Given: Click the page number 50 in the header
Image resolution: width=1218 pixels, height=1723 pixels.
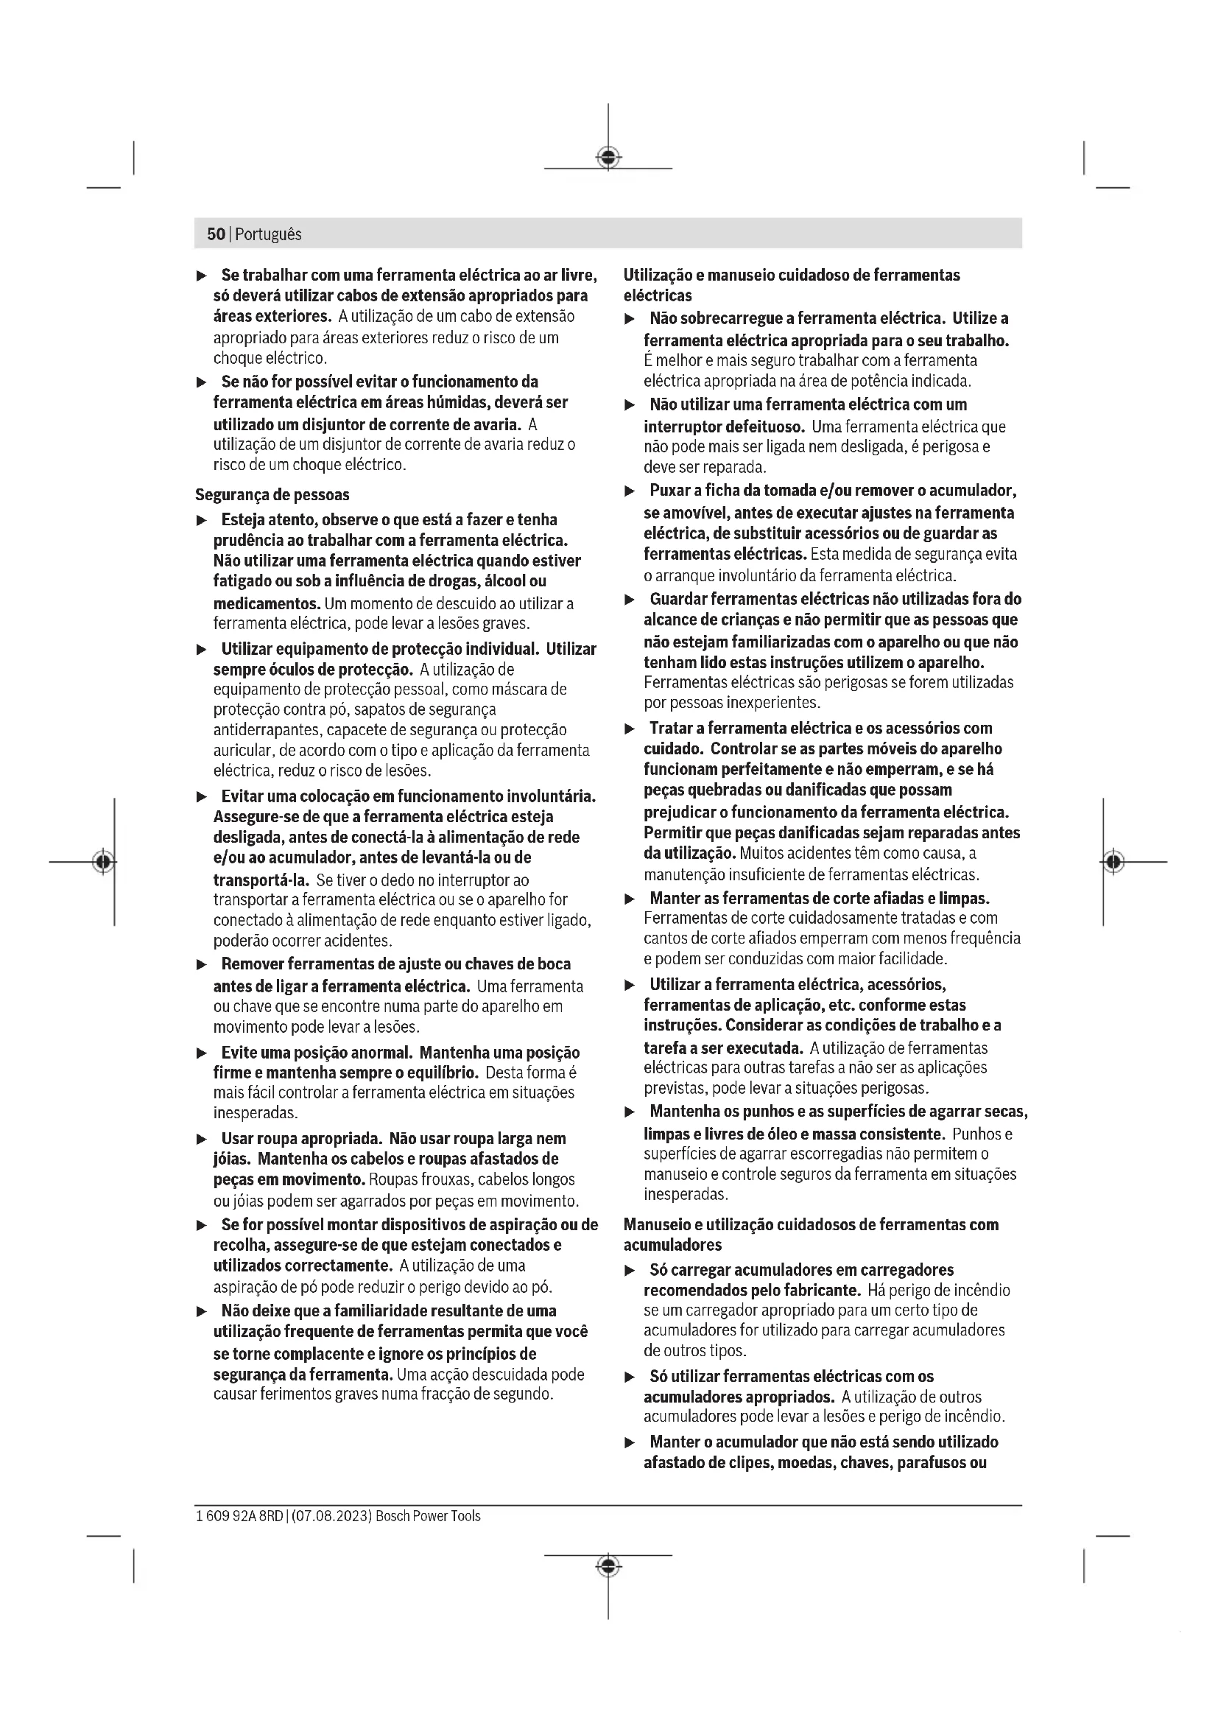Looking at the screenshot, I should click(215, 234).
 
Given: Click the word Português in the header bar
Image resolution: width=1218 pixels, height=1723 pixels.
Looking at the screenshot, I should click(269, 234).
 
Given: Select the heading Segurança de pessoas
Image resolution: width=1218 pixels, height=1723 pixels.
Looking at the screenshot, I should click(272, 494).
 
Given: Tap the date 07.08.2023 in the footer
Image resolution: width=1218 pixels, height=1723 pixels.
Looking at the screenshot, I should click(331, 1516).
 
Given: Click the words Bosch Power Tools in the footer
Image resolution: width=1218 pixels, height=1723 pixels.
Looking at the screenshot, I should click(428, 1516).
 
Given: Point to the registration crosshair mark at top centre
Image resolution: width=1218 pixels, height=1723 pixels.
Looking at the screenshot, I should click(608, 158).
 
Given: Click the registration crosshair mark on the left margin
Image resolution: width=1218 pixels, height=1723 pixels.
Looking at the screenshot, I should click(105, 862).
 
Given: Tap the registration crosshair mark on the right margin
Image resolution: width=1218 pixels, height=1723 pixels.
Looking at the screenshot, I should click(1113, 862).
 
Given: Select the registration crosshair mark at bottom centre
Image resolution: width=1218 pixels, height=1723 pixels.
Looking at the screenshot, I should click(608, 1565).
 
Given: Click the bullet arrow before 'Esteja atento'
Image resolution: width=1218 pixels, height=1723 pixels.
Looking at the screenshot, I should click(201, 520).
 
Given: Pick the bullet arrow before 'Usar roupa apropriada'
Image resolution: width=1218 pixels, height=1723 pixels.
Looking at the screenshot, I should click(201, 1139).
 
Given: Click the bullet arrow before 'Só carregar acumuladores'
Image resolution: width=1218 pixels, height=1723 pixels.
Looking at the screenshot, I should click(630, 1271).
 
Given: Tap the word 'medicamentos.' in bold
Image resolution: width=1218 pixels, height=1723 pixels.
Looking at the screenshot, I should click(267, 603).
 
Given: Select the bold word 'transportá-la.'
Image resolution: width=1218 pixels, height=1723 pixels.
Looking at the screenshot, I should click(261, 880).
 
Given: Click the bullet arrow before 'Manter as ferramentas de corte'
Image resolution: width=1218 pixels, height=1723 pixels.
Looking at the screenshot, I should click(630, 899).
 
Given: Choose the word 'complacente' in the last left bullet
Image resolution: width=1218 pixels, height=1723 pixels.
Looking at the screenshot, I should click(320, 1354).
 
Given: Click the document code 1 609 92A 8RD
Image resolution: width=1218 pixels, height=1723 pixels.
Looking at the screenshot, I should click(239, 1516).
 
